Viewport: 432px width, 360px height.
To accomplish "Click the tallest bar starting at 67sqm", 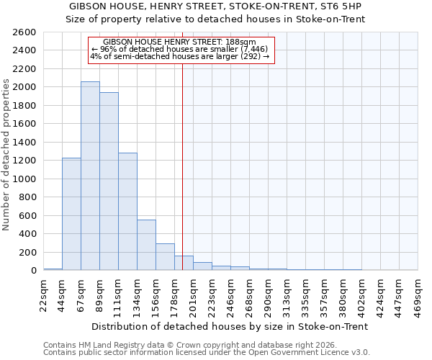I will coord(90,176).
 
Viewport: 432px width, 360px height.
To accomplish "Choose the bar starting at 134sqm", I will coord(146,245).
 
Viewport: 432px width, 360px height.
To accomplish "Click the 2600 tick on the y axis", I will coord(24,32).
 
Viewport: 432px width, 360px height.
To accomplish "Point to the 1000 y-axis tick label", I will coord(24,179).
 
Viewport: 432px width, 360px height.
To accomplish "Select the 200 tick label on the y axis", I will coord(27,252).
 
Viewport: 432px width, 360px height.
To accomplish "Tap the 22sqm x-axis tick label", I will coord(44,292).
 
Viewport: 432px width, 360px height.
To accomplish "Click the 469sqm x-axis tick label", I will coord(418,292).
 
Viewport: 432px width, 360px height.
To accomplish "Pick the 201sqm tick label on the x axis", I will coord(194,292).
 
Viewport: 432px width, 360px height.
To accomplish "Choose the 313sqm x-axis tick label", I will coord(287,292).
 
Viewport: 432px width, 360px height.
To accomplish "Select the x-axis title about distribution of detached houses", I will coord(230,326).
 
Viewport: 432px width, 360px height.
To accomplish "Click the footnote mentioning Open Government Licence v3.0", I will coord(207,352).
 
